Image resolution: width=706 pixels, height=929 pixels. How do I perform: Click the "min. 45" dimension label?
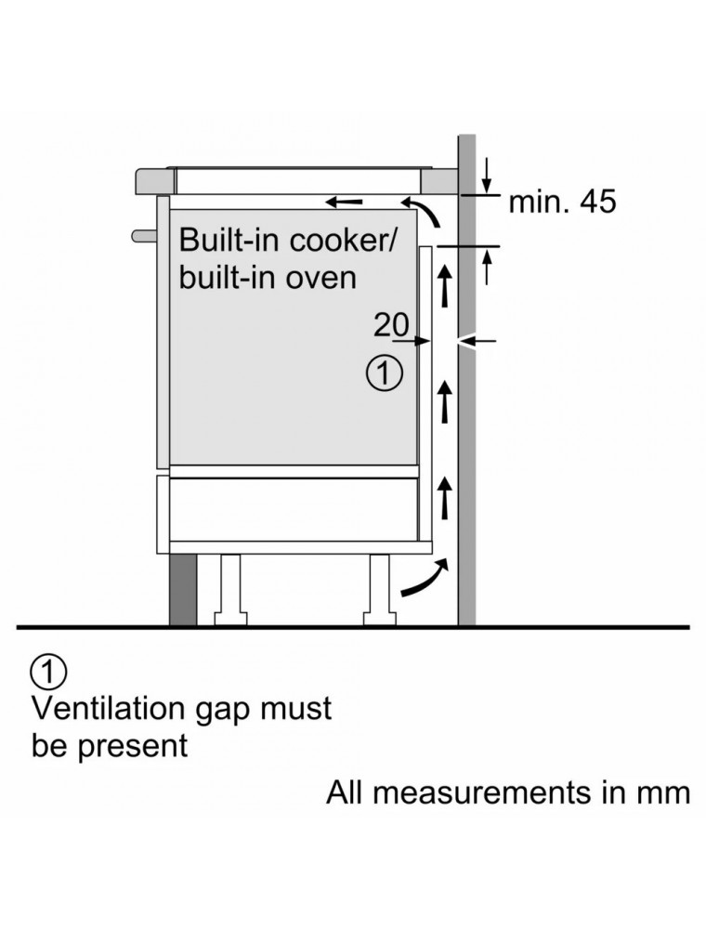[x=561, y=202]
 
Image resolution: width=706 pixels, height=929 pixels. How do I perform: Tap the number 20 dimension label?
[x=391, y=324]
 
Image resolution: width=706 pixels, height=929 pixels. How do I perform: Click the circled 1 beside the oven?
[x=384, y=373]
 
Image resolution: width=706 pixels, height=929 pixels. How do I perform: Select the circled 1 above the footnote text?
[x=48, y=670]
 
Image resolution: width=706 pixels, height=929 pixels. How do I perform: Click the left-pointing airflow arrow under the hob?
[x=343, y=200]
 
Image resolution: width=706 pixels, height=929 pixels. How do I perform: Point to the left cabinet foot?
[x=229, y=590]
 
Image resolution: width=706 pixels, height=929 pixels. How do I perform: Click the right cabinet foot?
[x=380, y=590]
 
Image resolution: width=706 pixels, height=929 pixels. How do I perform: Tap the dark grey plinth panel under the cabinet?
[x=183, y=590]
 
